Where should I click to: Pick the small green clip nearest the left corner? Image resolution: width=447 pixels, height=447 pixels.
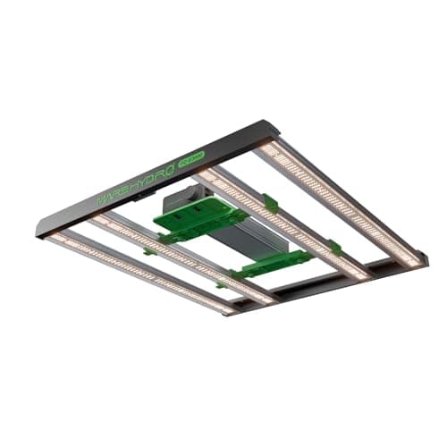[150, 251]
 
